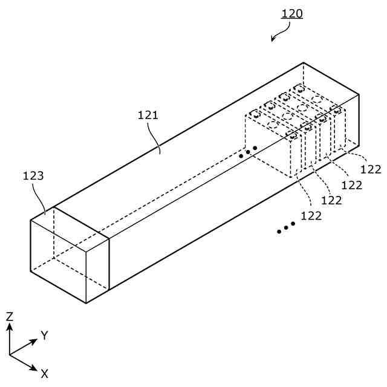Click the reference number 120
coord(292,13)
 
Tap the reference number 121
coord(148,115)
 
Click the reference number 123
coord(33,176)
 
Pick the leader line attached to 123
coord(42,200)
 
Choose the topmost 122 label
coord(370,169)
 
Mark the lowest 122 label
coord(311,215)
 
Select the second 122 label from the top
coord(351,184)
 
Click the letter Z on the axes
coord(10,316)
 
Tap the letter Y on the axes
coord(44,335)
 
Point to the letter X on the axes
coord(44,374)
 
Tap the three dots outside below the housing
coord(285,227)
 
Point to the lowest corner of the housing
coord(86,302)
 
